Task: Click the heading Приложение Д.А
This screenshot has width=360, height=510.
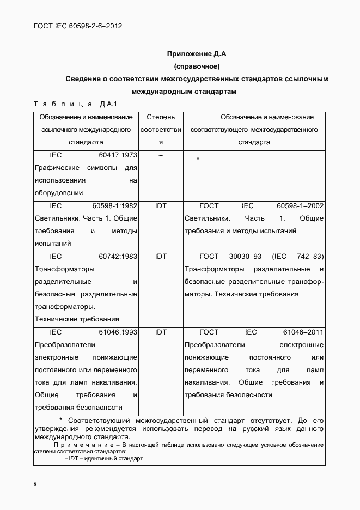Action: [196, 54]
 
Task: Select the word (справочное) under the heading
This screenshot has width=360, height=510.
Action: [196, 66]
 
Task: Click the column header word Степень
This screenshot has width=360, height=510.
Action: [161, 117]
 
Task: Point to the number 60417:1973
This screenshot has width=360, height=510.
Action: [118, 155]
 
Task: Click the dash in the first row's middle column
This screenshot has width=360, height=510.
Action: [161, 155]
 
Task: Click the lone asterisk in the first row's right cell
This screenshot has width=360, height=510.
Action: [198, 159]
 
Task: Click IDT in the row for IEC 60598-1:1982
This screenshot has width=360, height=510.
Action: [161, 205]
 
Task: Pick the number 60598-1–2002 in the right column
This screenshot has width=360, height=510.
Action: [300, 205]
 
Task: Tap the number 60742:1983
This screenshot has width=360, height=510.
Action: [118, 256]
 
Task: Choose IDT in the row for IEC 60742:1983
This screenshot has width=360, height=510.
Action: [161, 256]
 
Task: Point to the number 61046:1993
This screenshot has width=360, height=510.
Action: [118, 331]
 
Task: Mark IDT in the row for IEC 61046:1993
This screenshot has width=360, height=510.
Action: [161, 331]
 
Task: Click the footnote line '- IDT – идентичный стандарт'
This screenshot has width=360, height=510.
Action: [103, 458]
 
